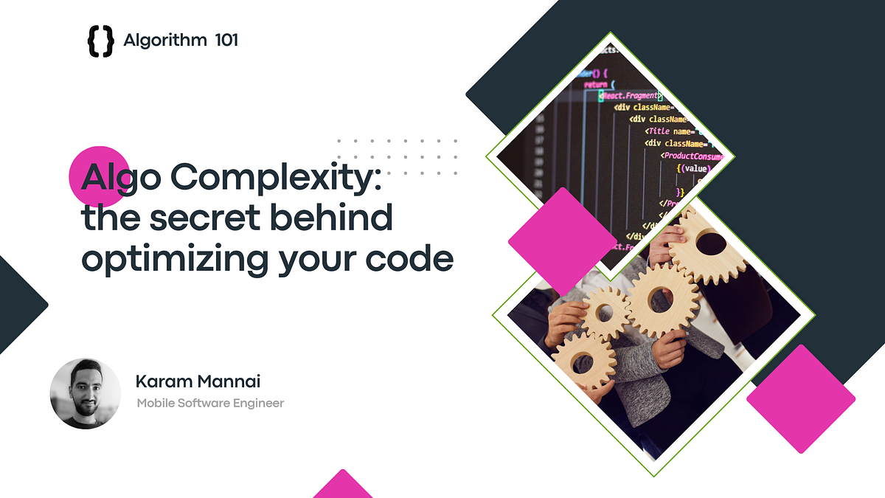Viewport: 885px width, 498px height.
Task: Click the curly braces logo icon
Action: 100,41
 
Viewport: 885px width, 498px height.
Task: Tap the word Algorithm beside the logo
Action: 165,41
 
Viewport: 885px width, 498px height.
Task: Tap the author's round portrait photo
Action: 85,393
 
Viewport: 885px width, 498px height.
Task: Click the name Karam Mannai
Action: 198,382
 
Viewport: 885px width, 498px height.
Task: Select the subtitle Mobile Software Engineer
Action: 210,403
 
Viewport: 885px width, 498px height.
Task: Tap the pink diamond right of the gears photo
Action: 800,398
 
